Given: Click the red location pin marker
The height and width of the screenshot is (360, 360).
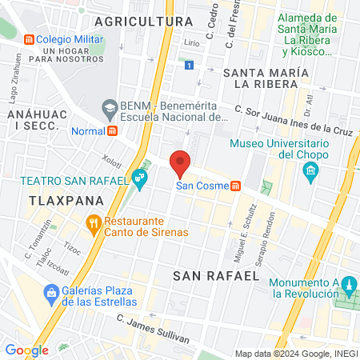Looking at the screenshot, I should coord(181,162).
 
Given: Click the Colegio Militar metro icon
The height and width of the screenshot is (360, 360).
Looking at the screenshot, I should coord(29,38).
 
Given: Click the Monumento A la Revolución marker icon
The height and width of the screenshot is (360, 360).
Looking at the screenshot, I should coord(347,286).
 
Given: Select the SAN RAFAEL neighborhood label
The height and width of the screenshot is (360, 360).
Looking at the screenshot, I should coord(216,275).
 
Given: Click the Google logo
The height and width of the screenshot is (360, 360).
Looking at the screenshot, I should coord(26,350).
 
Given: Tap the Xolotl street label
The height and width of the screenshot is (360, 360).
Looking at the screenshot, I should coord(112,162).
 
